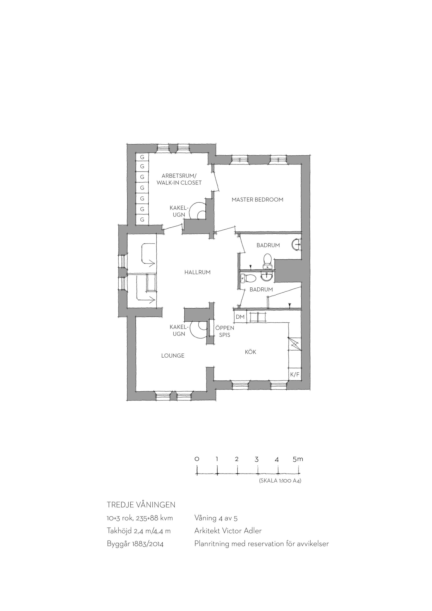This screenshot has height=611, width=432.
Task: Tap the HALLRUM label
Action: tap(197, 272)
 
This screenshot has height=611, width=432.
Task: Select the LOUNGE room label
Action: tap(173, 356)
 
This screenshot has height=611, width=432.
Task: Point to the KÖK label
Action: tap(251, 352)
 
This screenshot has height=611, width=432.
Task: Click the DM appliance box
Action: tap(240, 317)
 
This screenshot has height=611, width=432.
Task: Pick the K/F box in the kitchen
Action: tap(295, 374)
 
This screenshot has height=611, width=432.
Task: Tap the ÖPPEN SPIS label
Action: tap(225, 331)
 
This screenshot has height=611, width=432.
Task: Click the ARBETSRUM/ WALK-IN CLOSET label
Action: tap(179, 179)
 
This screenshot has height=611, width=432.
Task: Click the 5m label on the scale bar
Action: tap(298, 459)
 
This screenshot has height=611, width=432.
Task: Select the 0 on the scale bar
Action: tap(197, 459)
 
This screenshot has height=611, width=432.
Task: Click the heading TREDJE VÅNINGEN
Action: tap(141, 505)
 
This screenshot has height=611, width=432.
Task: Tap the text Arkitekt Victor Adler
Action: tap(228, 531)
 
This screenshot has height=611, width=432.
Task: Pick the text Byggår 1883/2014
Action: tap(135, 544)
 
